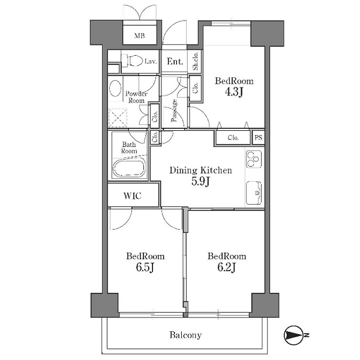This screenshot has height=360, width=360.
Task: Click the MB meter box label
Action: [140, 36]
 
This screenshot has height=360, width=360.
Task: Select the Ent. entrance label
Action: [175, 62]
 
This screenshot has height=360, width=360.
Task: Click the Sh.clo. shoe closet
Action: [195, 62]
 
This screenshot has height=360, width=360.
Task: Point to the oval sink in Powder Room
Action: [115, 89]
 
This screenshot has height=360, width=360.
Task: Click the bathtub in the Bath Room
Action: [129, 168]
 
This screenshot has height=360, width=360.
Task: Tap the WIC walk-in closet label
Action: [133, 196]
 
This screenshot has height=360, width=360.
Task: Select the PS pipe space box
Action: [258, 137]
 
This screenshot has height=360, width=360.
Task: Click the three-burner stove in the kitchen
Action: [253, 160]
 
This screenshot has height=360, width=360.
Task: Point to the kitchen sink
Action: [253, 193]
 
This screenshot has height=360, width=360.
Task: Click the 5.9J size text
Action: [200, 182]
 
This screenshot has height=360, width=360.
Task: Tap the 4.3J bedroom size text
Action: [234, 92]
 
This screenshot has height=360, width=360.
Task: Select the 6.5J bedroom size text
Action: [145, 268]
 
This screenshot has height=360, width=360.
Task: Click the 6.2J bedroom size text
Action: [227, 268]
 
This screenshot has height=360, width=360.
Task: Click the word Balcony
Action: [185, 335]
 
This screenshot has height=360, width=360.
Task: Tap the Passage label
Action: [174, 110]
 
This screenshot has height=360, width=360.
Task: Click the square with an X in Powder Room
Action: [118, 118]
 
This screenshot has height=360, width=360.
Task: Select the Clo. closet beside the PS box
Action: [233, 138]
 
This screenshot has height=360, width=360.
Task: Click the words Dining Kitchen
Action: [200, 170]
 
